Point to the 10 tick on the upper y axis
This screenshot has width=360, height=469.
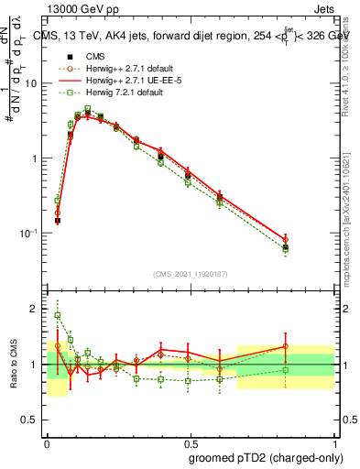click(33, 83)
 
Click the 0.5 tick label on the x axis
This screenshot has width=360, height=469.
click(191, 442)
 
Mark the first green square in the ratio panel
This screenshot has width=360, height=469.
click(57, 315)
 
